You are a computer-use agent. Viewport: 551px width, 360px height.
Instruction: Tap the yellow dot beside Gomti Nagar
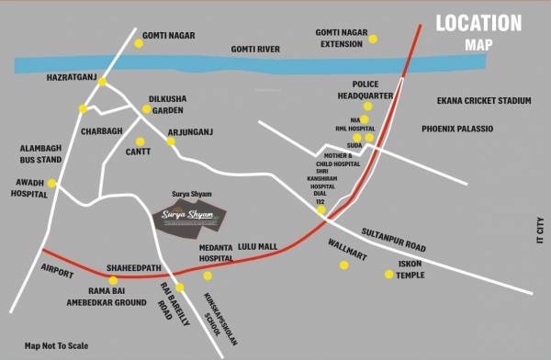[140, 43]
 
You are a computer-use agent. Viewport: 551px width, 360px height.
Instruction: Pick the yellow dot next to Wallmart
[344, 265]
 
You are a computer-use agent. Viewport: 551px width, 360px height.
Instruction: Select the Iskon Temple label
[410, 269]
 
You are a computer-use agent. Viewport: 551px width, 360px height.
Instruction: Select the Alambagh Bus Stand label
[39, 152]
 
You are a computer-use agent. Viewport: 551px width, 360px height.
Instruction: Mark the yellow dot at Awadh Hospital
[52, 184]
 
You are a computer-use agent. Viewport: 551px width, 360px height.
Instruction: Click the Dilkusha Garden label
[168, 103]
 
